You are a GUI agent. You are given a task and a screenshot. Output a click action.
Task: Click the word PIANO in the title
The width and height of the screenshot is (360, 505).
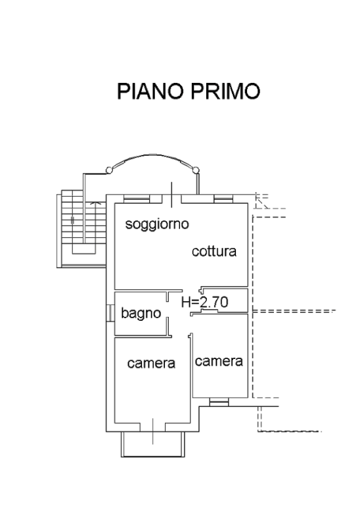coord(150,91)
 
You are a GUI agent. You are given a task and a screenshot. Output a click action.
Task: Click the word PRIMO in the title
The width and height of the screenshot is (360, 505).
coord(225,91)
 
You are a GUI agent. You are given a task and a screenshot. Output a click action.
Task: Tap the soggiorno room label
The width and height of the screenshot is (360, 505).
coord(157,224)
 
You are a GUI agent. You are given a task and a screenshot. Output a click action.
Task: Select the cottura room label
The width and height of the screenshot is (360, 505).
coord(214,251)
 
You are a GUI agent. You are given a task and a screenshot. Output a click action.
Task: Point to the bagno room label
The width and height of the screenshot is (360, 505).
coord(141,314)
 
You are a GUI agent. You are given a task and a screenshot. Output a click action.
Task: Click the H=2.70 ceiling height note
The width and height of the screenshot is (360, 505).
coord(205,302)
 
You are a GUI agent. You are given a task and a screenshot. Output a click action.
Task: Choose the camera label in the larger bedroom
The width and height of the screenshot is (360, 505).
coord(151,363)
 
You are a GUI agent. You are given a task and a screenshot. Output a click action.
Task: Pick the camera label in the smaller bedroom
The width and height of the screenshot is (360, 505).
coord(219,362)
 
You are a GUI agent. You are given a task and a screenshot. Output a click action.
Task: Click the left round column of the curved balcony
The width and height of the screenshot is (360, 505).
coord(110,170)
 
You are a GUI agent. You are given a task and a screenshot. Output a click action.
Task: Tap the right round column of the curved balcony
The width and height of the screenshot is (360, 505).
coord(196,170)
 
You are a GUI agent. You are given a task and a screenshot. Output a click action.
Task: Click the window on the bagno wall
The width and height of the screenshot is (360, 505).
coord(110,313)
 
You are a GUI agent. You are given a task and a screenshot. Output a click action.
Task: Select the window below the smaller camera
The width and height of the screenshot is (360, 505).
coord(219,402)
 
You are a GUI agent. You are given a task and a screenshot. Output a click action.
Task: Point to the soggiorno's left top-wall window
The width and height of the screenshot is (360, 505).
coord(137,199)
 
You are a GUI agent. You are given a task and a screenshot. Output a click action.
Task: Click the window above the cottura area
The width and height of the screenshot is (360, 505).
coord(223,199)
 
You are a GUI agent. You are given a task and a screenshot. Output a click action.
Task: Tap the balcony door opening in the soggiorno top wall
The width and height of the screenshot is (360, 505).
coord(171,199)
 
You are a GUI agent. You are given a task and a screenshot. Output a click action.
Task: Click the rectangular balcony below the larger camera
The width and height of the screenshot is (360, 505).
coord(153,444)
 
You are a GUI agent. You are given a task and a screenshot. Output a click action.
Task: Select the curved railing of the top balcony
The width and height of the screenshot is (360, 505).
coord(153,155)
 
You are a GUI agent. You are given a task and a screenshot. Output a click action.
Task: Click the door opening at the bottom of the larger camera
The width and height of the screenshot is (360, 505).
coord(153,427)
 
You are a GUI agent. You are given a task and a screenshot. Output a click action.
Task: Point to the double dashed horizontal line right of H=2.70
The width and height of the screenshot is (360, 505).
coord(294,312)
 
